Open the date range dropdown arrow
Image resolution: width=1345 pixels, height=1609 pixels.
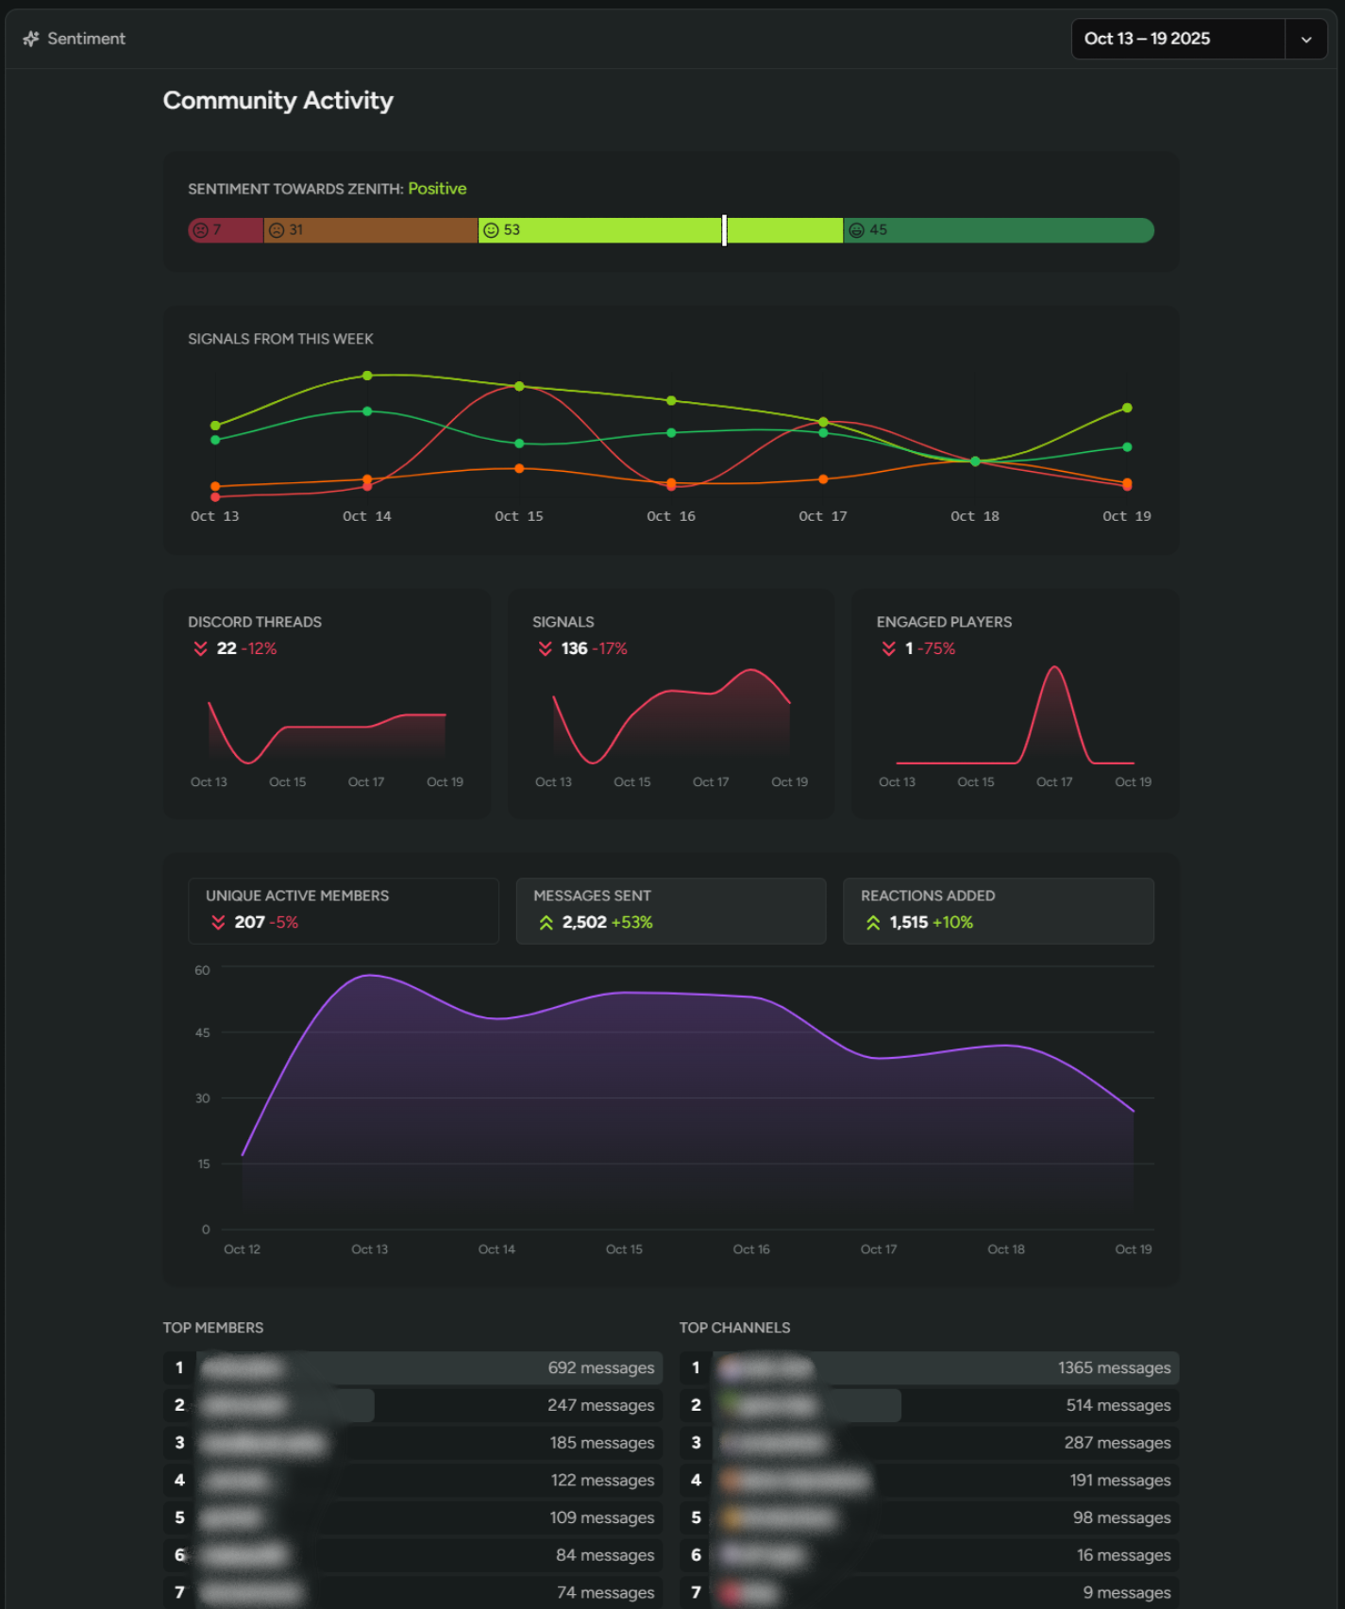tap(1306, 40)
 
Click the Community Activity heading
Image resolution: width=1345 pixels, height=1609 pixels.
tap(277, 100)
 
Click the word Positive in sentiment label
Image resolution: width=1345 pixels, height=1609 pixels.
tap(437, 189)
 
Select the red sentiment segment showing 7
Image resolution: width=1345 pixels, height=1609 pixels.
tap(226, 230)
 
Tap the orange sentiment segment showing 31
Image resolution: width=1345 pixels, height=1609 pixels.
tap(370, 230)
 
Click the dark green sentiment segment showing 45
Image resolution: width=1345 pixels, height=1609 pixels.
tap(998, 230)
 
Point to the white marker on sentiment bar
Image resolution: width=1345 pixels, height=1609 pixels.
tap(724, 230)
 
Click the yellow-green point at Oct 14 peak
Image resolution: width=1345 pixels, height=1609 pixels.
tap(367, 376)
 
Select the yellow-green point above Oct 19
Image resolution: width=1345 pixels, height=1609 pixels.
tap(1127, 408)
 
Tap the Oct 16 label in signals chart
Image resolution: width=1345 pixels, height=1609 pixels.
tap(670, 516)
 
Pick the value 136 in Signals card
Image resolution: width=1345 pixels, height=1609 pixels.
tap(574, 648)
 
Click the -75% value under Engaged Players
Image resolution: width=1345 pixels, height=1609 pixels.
tap(936, 648)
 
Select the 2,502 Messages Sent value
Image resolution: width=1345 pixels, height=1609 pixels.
tap(584, 922)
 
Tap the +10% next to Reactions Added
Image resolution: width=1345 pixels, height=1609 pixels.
tap(952, 922)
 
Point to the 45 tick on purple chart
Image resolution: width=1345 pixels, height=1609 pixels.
tap(202, 1033)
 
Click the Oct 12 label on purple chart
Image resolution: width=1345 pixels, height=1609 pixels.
tap(242, 1249)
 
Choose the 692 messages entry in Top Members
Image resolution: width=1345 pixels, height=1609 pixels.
tap(600, 1368)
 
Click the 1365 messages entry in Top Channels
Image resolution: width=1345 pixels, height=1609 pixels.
tap(1114, 1368)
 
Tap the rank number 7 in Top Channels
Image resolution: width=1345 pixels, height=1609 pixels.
tap(696, 1592)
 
